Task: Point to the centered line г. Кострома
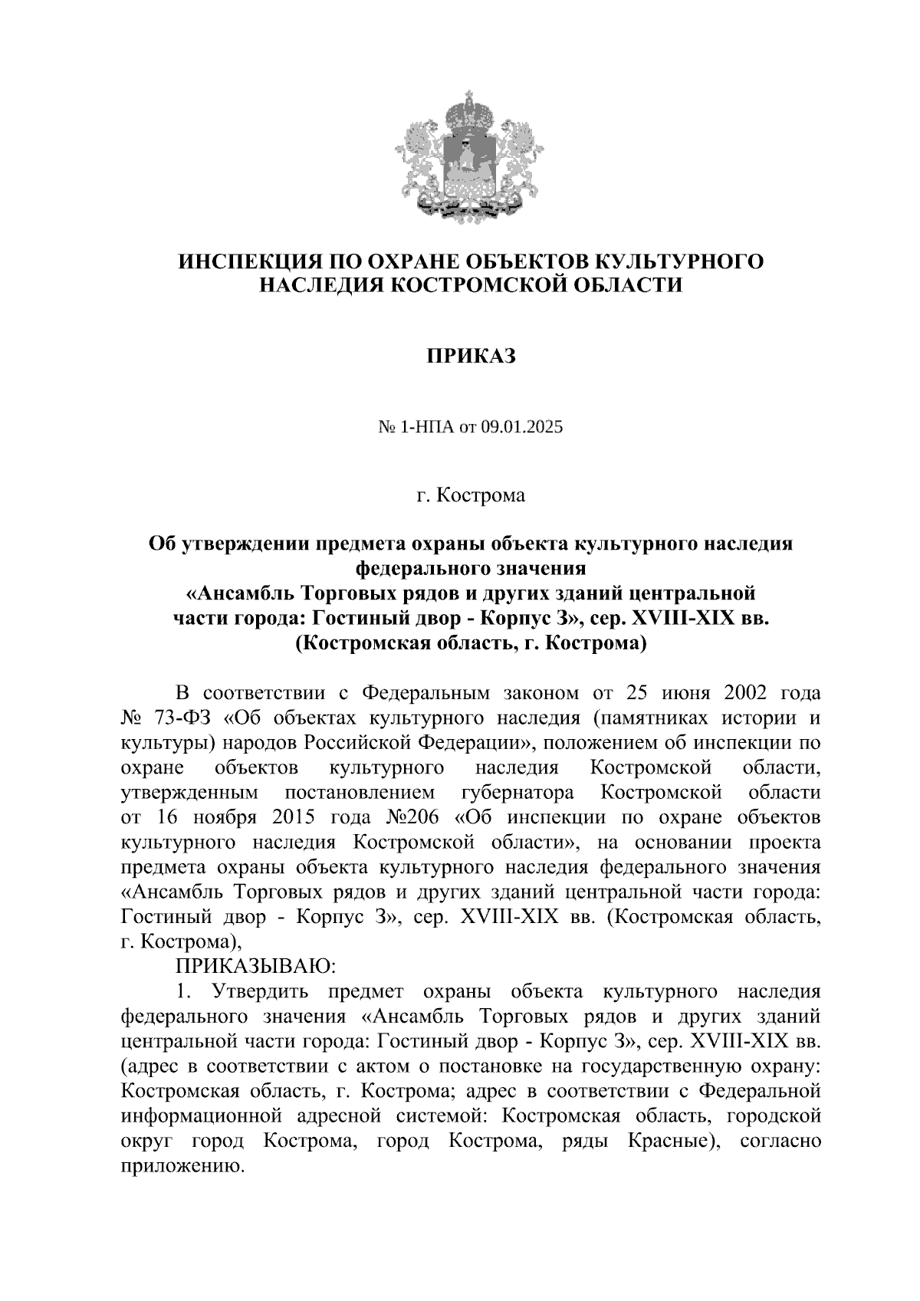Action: (471, 495)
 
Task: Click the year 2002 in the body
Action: (734, 693)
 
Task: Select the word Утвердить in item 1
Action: (259, 992)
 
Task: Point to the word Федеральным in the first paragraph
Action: (425, 693)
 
